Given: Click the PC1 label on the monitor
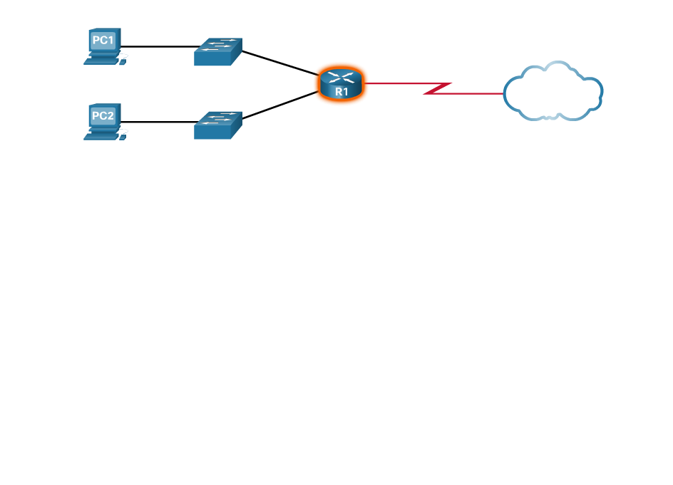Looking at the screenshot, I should pos(103,40).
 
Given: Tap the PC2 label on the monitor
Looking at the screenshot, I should pos(103,115).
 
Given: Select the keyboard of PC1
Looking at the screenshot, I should pos(101,61).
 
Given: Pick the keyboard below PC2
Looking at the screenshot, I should pos(101,137).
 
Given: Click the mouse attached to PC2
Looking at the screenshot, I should pos(123,137).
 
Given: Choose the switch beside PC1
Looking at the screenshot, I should pos(218,52).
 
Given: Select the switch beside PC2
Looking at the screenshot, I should pos(218,125).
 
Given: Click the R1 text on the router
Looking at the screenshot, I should pos(341,92).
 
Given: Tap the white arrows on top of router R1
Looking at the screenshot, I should pos(341,77).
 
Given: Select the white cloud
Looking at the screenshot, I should pos(553,91).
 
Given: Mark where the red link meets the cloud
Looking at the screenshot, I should pos(504,93).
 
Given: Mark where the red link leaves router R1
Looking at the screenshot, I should pos(370,83).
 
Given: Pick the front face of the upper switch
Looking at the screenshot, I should pos(212,59).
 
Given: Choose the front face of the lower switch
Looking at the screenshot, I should pos(212,132).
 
